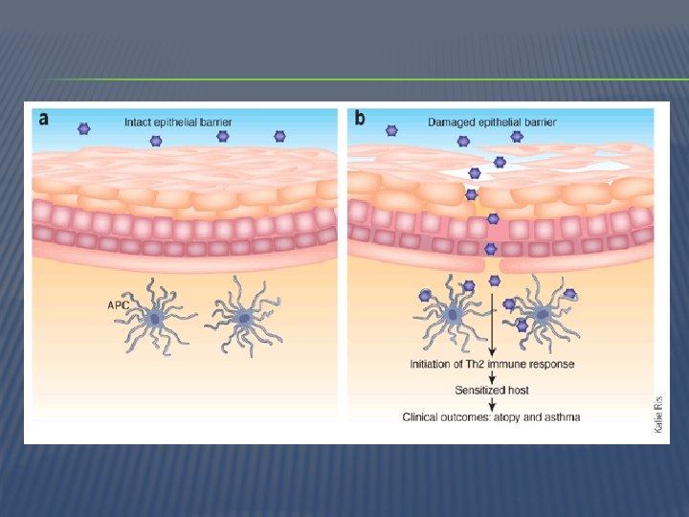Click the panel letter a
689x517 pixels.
[43, 120]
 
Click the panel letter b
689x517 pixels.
[359, 119]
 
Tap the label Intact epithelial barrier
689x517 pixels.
[178, 123]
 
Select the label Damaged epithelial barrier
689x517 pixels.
[492, 123]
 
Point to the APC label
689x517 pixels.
[118, 305]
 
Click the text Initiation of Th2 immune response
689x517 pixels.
[493, 365]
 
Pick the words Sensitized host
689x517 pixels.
[492, 391]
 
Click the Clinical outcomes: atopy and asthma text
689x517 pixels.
[492, 417]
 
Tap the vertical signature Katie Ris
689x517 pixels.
[658, 416]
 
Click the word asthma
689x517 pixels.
[563, 417]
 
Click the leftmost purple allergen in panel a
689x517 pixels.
[84, 128]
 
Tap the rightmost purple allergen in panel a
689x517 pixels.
[279, 137]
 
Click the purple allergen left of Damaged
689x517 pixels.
[391, 130]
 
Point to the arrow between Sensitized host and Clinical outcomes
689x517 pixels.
[492, 404]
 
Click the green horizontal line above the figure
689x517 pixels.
[344, 79]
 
